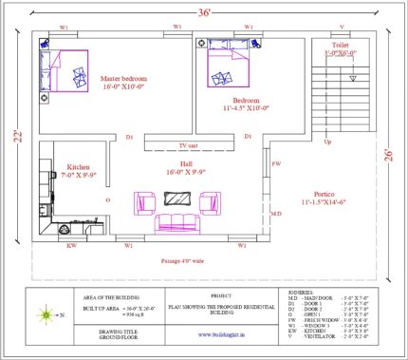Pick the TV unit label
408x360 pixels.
click(188, 145)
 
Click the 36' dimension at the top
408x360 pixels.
click(203, 12)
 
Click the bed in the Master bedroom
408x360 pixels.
click(63, 70)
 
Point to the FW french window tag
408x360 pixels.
click(276, 164)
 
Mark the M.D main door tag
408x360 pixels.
click(276, 214)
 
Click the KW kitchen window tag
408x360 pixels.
click(72, 245)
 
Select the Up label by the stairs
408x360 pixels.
click(327, 142)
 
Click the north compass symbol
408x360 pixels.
click(43, 313)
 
